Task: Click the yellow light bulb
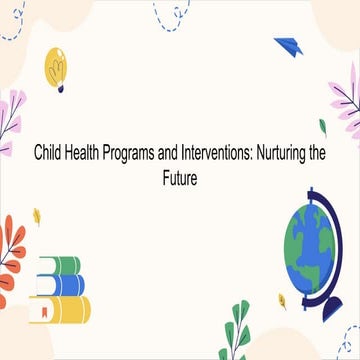[55, 66]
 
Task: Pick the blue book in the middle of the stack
[61, 285]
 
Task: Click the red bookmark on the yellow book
[42, 312]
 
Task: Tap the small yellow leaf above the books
[37, 216]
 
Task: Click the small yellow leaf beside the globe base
[283, 298]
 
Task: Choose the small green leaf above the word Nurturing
[323, 127]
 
